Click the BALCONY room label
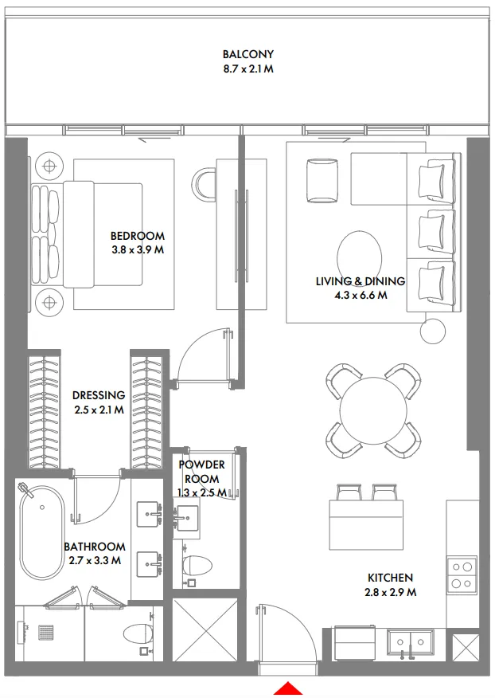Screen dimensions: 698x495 click(x=247, y=54)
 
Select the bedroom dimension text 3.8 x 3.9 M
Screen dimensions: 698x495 click(x=138, y=249)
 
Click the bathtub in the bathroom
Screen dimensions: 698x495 click(x=41, y=531)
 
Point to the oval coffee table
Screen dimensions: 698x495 click(x=361, y=256)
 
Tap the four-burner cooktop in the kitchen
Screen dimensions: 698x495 click(x=460, y=575)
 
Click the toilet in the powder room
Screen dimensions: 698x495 click(x=197, y=565)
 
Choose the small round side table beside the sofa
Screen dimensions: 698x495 click(x=435, y=329)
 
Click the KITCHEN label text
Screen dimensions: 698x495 click(x=390, y=578)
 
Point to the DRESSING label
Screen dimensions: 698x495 click(x=99, y=395)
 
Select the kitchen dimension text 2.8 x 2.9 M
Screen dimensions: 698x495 click(x=390, y=592)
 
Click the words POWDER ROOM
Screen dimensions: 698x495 click(x=201, y=472)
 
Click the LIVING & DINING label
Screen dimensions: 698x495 click(x=361, y=281)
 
